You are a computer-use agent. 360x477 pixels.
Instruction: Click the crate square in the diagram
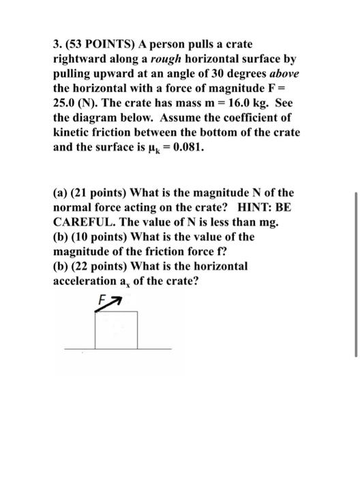click(x=117, y=328)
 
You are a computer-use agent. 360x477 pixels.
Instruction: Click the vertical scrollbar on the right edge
click(x=355, y=273)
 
